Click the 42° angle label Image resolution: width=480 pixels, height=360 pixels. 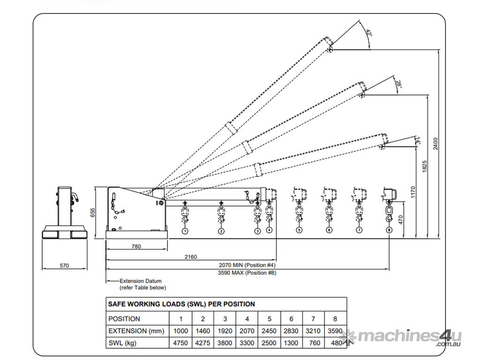[369, 33]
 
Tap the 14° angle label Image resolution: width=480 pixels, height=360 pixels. [418, 141]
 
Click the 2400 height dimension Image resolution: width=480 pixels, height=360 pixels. [435, 143]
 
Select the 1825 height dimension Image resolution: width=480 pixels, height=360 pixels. [424, 166]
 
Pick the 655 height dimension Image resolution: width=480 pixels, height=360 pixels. [93, 212]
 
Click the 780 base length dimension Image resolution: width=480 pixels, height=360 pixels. [136, 246]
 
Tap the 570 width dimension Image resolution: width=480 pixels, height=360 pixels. [64, 265]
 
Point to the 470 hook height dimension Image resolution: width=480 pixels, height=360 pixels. [401, 219]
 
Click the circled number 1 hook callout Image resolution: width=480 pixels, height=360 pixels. [185, 231]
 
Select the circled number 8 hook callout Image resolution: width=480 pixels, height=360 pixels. [389, 230]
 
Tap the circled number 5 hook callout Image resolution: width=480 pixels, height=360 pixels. [299, 230]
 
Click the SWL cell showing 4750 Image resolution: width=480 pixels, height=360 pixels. [180, 343]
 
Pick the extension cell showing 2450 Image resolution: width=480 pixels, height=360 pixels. [269, 331]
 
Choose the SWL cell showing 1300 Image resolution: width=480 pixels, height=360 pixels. [291, 343]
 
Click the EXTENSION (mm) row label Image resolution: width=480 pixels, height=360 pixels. [136, 331]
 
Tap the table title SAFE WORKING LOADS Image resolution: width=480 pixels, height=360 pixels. [181, 304]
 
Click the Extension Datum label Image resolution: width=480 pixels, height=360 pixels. [141, 281]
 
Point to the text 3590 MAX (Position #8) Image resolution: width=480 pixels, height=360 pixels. [247, 273]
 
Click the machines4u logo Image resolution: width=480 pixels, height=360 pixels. [401, 337]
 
